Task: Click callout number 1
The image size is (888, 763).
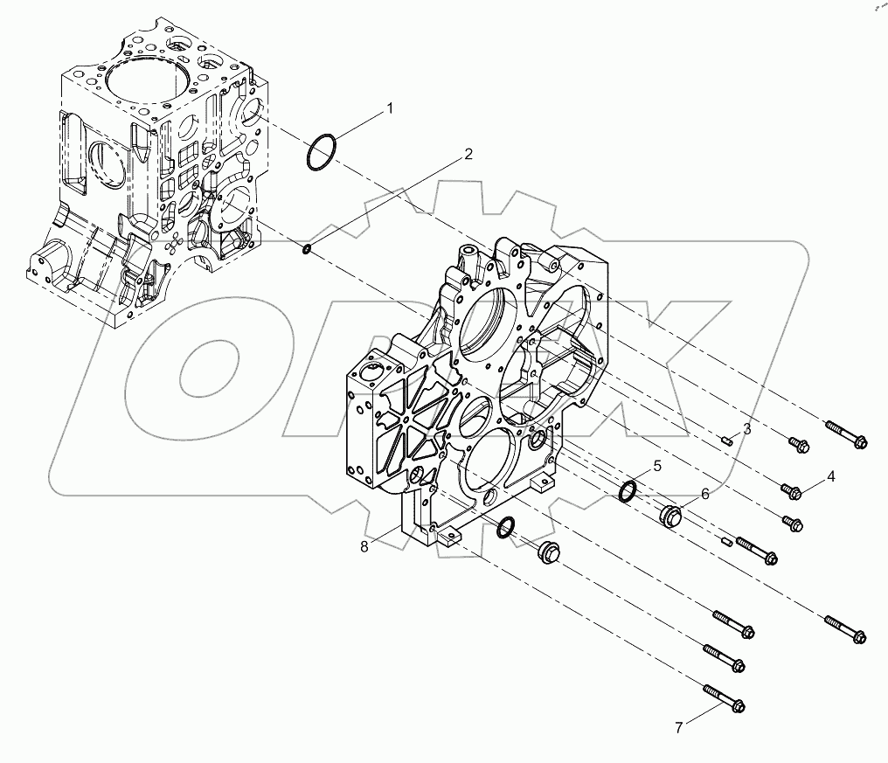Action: pos(391,108)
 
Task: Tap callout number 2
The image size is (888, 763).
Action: pos(468,154)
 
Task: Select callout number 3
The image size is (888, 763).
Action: pos(746,429)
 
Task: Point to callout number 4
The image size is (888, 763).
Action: pos(830,476)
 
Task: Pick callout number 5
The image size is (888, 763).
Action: pos(656,465)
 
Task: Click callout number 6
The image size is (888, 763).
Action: pos(704,495)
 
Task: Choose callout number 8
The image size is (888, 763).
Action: pos(364,546)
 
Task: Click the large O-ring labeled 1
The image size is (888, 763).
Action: pos(322,154)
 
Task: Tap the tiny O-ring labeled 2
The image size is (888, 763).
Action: pos(307,252)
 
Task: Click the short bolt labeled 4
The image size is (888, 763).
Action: pos(792,493)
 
